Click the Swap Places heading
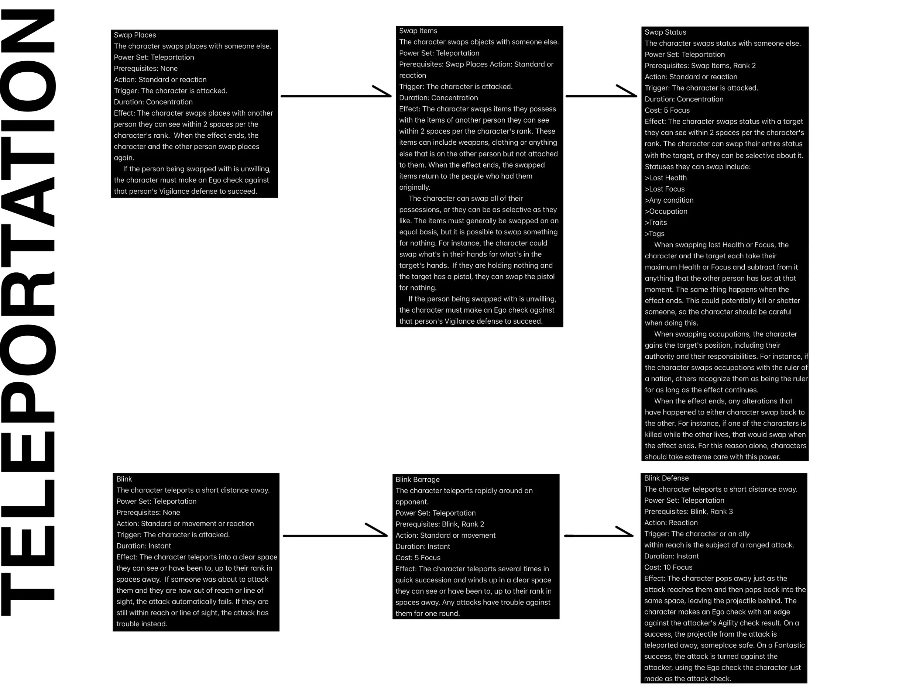click(135, 35)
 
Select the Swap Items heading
click(418, 31)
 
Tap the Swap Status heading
click(665, 32)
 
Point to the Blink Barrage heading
click(417, 479)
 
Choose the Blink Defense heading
click(666, 478)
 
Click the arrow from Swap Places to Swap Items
click(336, 96)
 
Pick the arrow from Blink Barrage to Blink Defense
click(599, 535)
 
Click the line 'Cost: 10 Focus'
click(668, 567)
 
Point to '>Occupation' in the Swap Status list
click(666, 211)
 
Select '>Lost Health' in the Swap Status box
click(666, 178)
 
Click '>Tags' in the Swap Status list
click(655, 234)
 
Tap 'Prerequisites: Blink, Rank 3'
click(689, 512)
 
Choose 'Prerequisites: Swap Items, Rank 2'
click(700, 65)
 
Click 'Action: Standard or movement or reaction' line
click(185, 523)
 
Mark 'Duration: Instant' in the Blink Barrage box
click(423, 547)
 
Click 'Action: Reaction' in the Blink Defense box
click(671, 523)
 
